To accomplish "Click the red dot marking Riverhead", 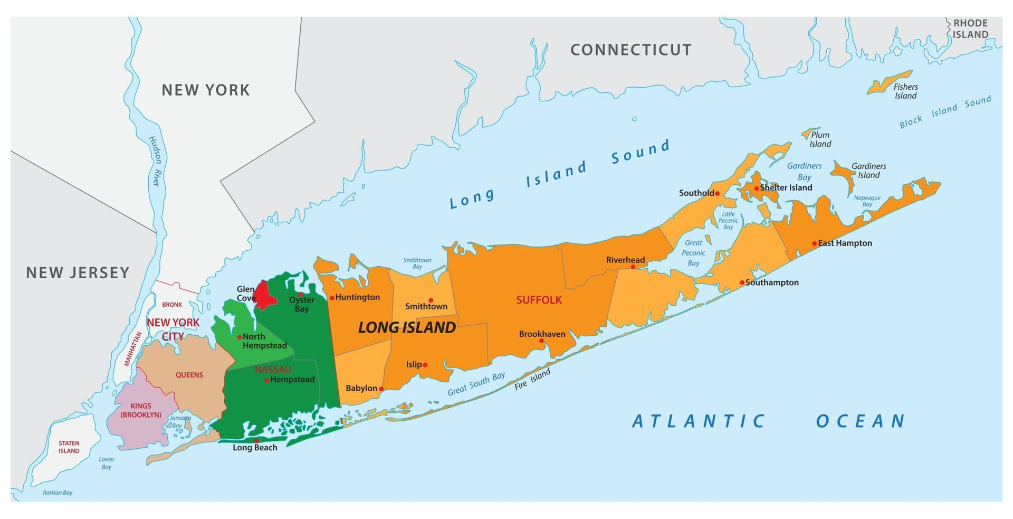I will pyautogui.click(x=633, y=267).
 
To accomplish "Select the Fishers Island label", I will pyautogui.click(x=905, y=91).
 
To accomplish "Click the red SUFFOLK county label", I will pyautogui.click(x=539, y=300).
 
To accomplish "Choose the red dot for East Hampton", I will pyautogui.click(x=814, y=243).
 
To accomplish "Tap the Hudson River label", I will pyautogui.click(x=155, y=161).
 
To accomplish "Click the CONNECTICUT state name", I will pyautogui.click(x=630, y=50).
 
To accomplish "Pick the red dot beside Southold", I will pyautogui.click(x=717, y=193).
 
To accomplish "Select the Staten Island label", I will pyautogui.click(x=69, y=447).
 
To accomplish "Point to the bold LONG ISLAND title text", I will pyautogui.click(x=407, y=327).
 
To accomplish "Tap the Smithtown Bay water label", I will pyautogui.click(x=417, y=263).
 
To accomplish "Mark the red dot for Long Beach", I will pyautogui.click(x=256, y=441).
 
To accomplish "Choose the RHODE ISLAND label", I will pyautogui.click(x=970, y=29).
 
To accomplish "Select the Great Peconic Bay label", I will pyautogui.click(x=693, y=253).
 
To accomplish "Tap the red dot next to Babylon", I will pyautogui.click(x=381, y=389).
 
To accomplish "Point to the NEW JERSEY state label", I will pyautogui.click(x=78, y=272).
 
